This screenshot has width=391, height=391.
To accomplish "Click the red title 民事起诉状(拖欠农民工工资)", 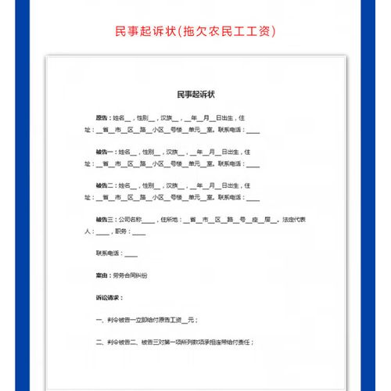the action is tap(195, 31).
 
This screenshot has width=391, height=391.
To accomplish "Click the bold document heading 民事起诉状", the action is tap(195, 94).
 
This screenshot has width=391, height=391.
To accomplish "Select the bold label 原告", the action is tap(102, 117).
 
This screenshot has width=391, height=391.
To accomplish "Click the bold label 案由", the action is tap(102, 276).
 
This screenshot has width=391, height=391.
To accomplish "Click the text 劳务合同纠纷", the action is tap(130, 276).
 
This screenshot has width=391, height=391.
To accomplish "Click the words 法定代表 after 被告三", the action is tap(294, 221).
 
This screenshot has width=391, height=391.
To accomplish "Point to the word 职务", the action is tap(121, 232).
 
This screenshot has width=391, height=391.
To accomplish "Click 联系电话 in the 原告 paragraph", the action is tap(231, 129).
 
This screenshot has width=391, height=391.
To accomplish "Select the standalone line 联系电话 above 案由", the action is tap(109, 254).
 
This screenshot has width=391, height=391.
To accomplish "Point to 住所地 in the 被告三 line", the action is tap(170, 221).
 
